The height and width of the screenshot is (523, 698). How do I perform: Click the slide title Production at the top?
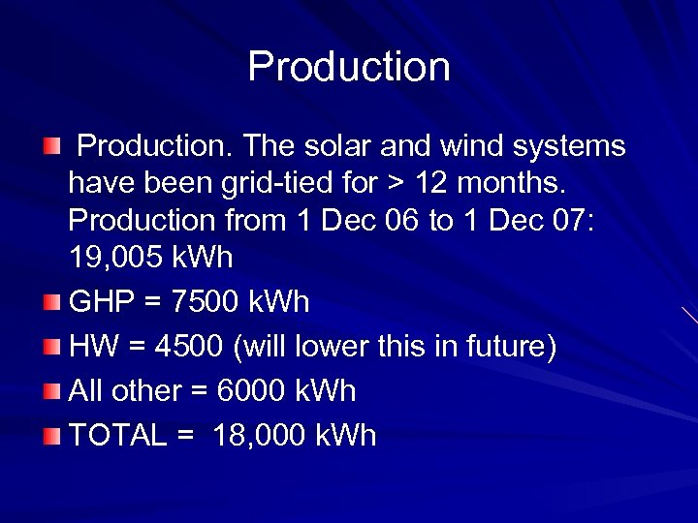click(x=349, y=67)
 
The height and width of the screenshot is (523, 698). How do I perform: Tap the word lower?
click(x=352, y=347)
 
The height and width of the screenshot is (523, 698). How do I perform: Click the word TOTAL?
click(x=118, y=436)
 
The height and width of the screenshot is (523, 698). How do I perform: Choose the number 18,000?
click(x=259, y=436)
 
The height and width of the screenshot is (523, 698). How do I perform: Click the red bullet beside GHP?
click(x=52, y=303)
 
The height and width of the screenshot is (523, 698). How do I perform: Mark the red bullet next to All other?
click(x=52, y=392)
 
